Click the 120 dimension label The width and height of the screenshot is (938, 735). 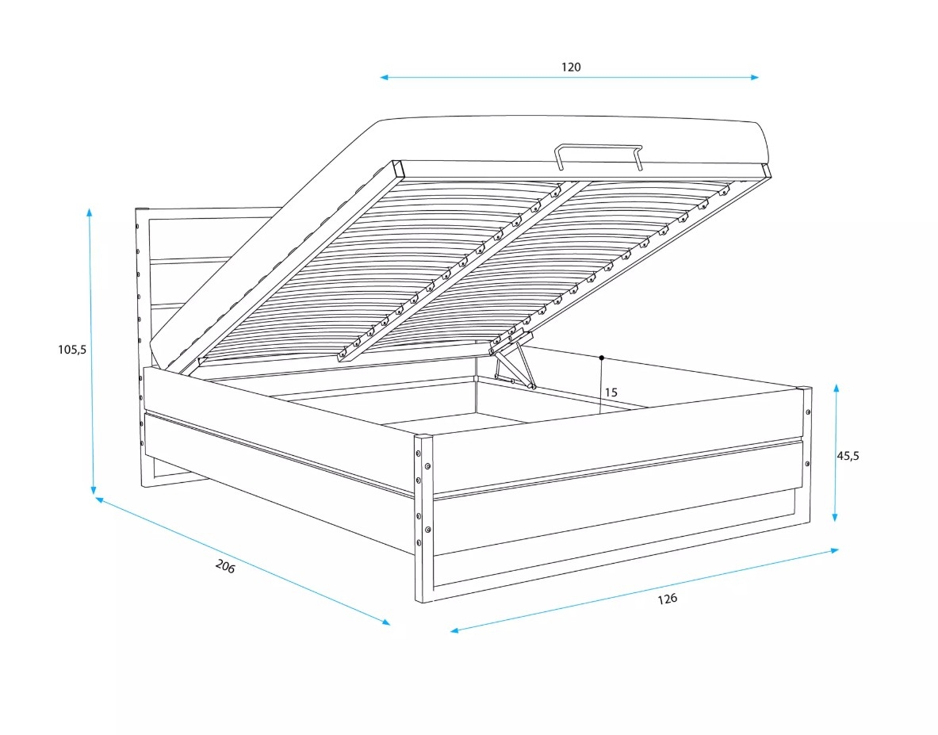[x=571, y=67]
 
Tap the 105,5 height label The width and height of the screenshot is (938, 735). [x=72, y=349]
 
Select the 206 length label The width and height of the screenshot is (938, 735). [x=225, y=566]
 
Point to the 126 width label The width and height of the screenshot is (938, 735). [x=667, y=598]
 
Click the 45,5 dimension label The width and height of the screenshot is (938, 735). [x=848, y=456]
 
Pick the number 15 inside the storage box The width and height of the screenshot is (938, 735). [x=611, y=392]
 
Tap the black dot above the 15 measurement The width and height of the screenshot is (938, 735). [x=602, y=358]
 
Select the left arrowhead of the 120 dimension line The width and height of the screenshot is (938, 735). [x=384, y=77]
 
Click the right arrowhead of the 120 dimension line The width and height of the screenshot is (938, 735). [x=755, y=77]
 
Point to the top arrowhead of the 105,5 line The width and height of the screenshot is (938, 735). [x=89, y=212]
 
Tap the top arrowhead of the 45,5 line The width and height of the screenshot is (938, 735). [x=837, y=389]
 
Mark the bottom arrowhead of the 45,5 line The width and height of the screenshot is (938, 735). [x=835, y=518]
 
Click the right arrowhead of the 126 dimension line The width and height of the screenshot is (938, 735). [x=834, y=550]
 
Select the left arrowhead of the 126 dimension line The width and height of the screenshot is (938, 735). [x=454, y=630]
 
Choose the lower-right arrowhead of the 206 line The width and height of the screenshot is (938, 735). [x=386, y=622]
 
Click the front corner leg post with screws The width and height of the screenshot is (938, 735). [x=423, y=519]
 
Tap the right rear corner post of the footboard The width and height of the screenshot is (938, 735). [x=806, y=454]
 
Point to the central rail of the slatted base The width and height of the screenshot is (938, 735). [x=459, y=270]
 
